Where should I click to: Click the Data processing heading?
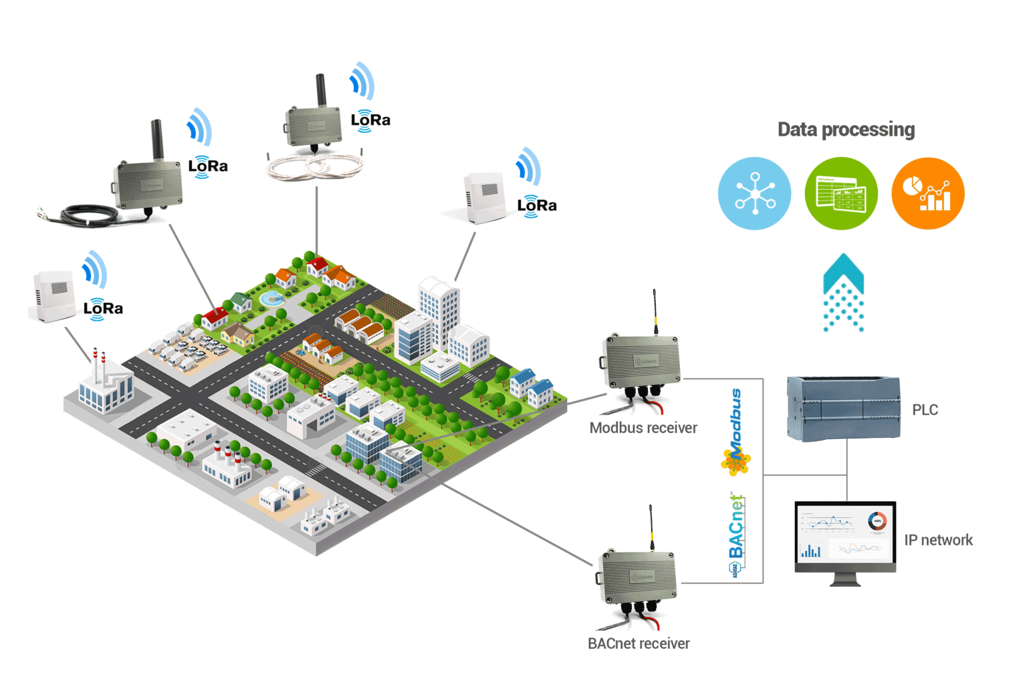pos(846,130)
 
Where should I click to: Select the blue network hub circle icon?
pos(754,194)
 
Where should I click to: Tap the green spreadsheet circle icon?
pos(841,194)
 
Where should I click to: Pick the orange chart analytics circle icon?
pos(928,194)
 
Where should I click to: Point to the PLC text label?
pos(925,410)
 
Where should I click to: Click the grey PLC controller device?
pos(843,408)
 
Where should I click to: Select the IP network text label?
pos(938,540)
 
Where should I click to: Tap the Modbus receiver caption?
pos(643,428)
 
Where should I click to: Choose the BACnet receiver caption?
pos(639,644)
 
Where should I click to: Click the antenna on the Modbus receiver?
pos(655,311)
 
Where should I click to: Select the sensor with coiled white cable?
pos(314,127)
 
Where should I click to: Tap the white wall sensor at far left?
pos(53,295)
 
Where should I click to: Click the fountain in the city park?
pos(273,298)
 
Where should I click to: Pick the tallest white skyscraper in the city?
pos(439,311)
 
